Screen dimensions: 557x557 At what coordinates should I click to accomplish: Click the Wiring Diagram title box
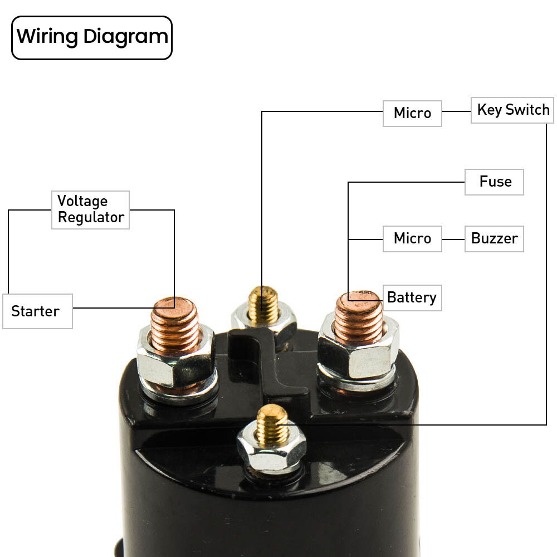coord(92,38)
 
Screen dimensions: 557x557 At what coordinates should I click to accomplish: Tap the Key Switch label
coord(513,110)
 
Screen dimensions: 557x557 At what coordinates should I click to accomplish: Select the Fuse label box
coord(495,182)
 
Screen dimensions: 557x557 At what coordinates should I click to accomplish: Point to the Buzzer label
coord(494,238)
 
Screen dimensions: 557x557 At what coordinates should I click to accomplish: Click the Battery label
coord(412,297)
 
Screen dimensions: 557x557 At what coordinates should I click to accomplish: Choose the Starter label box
coord(37,311)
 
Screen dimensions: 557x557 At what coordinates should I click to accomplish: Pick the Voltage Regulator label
coord(90,209)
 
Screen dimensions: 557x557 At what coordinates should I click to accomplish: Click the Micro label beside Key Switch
coord(412,113)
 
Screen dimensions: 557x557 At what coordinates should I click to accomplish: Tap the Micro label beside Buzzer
coord(412,238)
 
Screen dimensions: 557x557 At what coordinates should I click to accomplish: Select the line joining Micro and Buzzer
coord(453,240)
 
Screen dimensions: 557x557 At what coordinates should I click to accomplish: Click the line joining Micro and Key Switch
coord(456,111)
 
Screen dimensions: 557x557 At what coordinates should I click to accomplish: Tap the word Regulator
coord(91,217)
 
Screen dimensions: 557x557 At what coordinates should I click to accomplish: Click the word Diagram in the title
coord(126,37)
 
